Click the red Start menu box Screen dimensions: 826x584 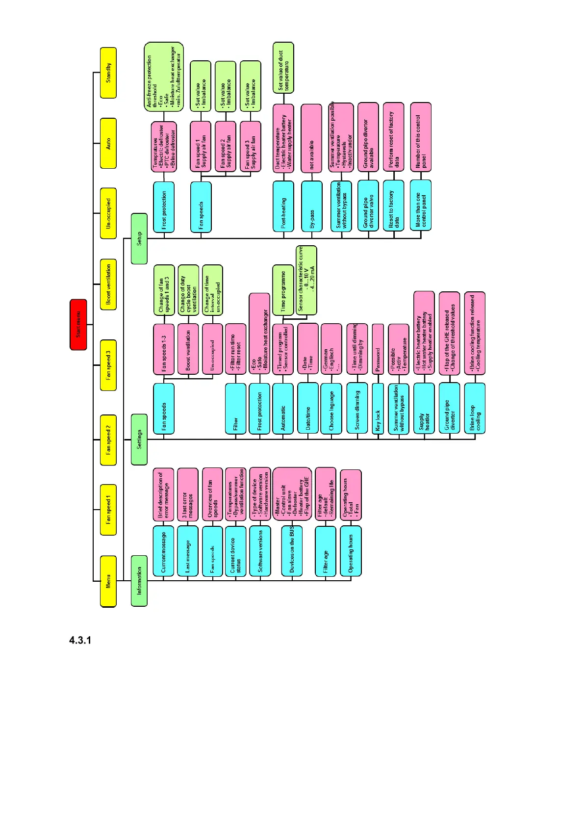point(78,325)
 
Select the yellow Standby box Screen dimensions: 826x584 point(108,73)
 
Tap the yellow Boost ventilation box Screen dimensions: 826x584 point(108,284)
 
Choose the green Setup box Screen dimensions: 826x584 point(139,239)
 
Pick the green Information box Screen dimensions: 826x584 point(139,581)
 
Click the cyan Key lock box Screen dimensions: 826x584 point(378,409)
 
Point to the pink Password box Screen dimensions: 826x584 point(378,349)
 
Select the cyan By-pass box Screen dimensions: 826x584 point(312,206)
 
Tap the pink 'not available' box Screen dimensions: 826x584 point(312,138)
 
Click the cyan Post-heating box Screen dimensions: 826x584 point(283,206)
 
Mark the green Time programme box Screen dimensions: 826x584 point(283,290)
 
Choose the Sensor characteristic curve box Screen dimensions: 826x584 point(306,281)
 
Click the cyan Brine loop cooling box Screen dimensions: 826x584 point(475,409)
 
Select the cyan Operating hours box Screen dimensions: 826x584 point(351,551)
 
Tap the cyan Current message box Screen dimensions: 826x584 point(163,551)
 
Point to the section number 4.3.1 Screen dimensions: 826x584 point(80,641)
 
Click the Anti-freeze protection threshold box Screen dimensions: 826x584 point(164,77)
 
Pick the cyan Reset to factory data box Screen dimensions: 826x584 point(394,206)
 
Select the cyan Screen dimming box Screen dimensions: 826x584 point(357,409)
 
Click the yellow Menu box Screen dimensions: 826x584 point(108,581)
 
